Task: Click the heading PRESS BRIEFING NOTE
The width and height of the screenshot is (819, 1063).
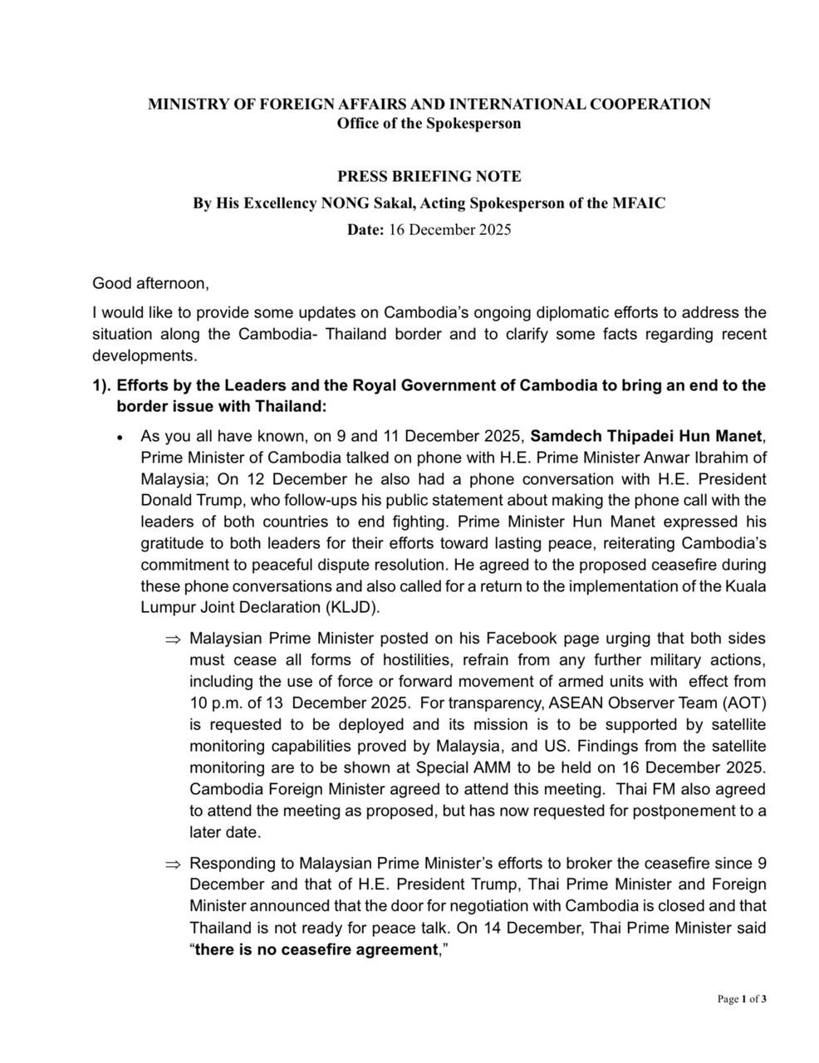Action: coord(429,176)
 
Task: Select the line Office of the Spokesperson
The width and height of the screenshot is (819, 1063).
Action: coord(429,124)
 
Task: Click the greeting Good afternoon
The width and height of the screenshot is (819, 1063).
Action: coord(150,283)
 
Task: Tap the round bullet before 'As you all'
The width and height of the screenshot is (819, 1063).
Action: coord(121,437)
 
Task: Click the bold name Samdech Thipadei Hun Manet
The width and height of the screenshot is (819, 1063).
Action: coord(645,435)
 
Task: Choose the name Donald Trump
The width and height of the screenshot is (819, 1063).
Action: coord(184,501)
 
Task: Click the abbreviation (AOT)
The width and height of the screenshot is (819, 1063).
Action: coord(744,703)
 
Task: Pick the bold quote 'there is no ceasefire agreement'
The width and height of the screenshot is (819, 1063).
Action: coord(316,949)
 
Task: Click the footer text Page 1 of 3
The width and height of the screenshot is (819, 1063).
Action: coord(742,999)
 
